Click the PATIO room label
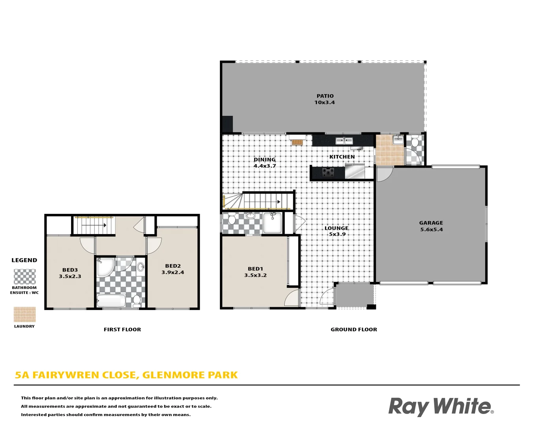[325, 96]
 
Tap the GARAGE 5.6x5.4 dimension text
[431, 229]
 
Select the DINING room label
[265, 160]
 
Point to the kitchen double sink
[344, 140]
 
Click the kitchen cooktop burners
[328, 172]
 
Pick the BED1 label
[255, 269]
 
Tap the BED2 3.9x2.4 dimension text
[173, 272]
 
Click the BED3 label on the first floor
[70, 270]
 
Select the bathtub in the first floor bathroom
[111, 300]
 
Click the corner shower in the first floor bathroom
[104, 267]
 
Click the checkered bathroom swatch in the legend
[24, 277]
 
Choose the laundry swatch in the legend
[24, 315]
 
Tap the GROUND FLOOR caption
[354, 329]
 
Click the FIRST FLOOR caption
[122, 329]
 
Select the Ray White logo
[441, 406]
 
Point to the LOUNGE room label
[336, 228]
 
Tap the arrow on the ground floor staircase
[279, 202]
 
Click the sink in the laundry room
[398, 140]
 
